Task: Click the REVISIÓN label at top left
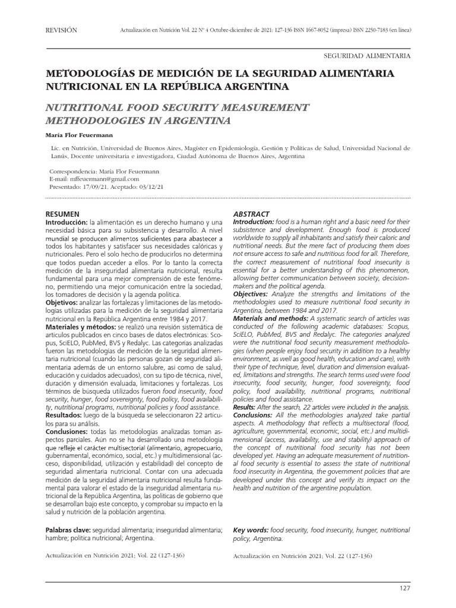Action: pyautogui.click(x=61, y=30)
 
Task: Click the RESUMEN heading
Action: pyautogui.click(x=63, y=213)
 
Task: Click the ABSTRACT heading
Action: pyautogui.click(x=251, y=214)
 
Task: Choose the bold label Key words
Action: pyautogui.click(x=251, y=529)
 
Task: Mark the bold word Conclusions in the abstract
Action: pyautogui.click(x=254, y=416)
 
